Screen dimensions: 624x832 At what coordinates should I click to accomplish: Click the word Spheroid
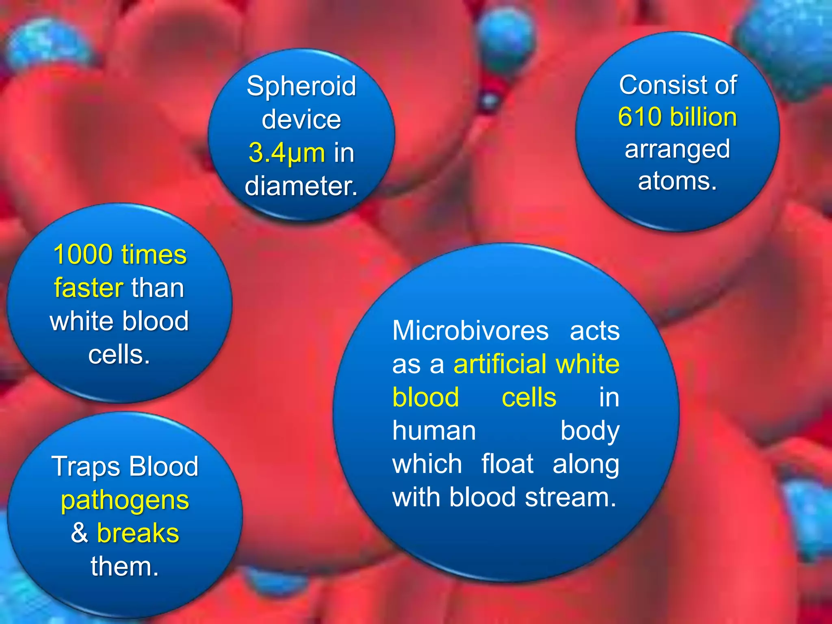point(301,87)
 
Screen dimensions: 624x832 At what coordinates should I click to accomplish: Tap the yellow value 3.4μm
point(287,153)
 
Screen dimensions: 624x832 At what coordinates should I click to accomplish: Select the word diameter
point(301,186)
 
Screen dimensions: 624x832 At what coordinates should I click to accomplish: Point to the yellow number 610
point(640,117)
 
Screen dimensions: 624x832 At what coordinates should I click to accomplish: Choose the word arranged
point(677,149)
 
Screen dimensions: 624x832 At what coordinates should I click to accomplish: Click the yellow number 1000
point(83,255)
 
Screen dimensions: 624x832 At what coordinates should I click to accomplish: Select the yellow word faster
point(89,288)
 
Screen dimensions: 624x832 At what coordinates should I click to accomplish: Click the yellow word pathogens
point(125,500)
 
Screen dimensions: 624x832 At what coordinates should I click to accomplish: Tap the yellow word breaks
point(138,533)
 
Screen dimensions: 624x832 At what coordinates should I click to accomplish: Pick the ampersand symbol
point(79,533)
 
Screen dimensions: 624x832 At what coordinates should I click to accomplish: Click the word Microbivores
point(470,331)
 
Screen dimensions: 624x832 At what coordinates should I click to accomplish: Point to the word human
point(434,431)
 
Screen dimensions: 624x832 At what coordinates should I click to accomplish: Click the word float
point(507,464)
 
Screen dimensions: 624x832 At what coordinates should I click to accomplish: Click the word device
point(301,120)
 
